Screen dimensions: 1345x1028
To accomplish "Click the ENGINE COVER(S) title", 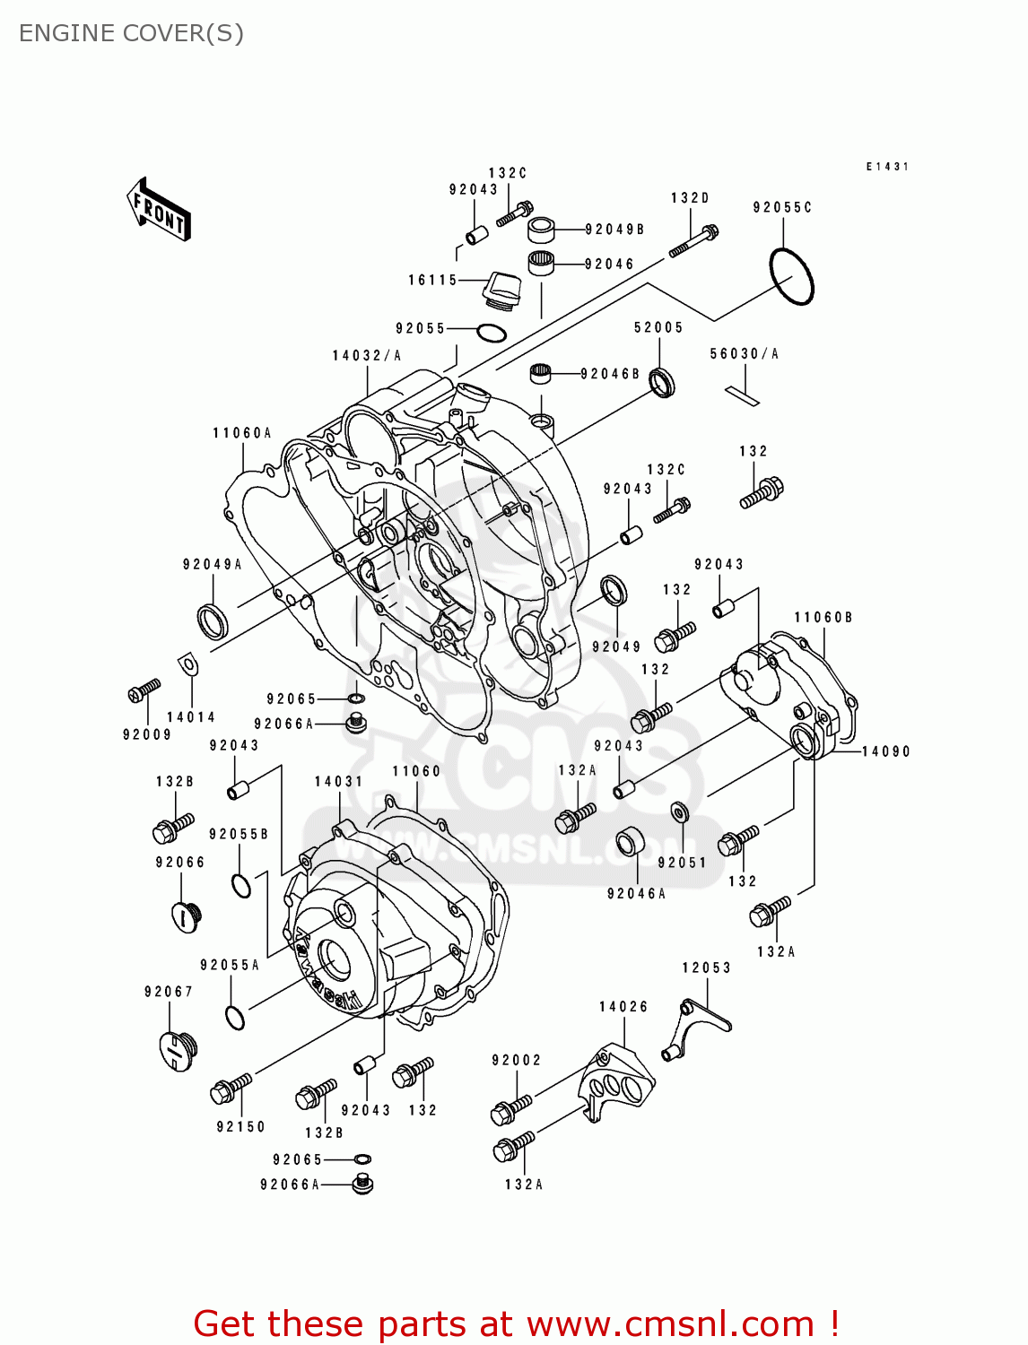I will pyautogui.click(x=131, y=33).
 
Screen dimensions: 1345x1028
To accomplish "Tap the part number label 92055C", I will pyautogui.click(x=782, y=207).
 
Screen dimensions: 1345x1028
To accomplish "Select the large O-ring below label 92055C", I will pyautogui.click(x=791, y=275).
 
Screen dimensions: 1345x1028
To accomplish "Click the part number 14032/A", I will pyautogui.click(x=367, y=356).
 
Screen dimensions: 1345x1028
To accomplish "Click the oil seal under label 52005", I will pyautogui.click(x=662, y=383).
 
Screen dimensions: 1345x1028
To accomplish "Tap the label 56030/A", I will pyautogui.click(x=745, y=354).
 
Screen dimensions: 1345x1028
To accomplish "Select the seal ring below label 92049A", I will pyautogui.click(x=213, y=621).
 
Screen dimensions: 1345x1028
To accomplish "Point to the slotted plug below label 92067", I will pyautogui.click(x=178, y=1051).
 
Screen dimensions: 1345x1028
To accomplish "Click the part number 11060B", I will pyautogui.click(x=823, y=618).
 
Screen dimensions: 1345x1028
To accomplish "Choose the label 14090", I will pyautogui.click(x=886, y=751).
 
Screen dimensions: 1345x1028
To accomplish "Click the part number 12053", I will pyautogui.click(x=707, y=968).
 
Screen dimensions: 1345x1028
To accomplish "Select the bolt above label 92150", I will pyautogui.click(x=231, y=1089).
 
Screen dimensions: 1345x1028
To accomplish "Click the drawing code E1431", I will pyautogui.click(x=887, y=167).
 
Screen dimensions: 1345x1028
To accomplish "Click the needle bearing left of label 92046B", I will pyautogui.click(x=541, y=372).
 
